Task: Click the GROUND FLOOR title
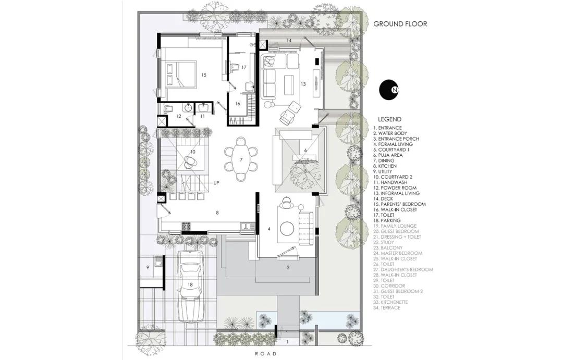(400, 24)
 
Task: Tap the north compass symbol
(389, 90)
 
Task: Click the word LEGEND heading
(389, 119)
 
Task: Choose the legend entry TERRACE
(387, 307)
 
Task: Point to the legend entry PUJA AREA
(388, 155)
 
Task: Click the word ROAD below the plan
(266, 354)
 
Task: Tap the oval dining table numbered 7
(241, 159)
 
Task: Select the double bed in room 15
(181, 75)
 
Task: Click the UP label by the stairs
(216, 182)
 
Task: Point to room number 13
(303, 84)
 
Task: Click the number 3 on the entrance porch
(288, 267)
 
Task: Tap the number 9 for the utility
(148, 267)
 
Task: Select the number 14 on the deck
(289, 40)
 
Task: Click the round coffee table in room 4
(288, 228)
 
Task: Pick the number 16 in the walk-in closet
(237, 104)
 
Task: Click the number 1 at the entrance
(287, 342)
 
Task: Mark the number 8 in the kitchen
(217, 213)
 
